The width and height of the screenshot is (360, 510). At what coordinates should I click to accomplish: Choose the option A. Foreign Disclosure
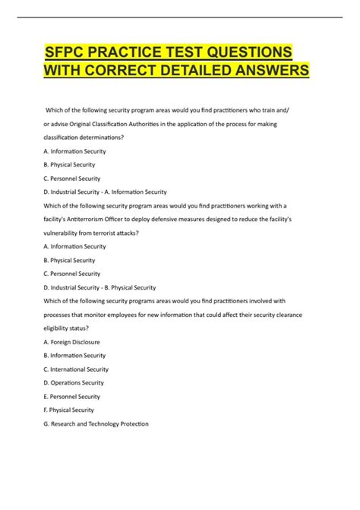72,342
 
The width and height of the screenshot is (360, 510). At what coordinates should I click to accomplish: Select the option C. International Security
77,369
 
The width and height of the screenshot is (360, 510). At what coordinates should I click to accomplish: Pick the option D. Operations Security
74,382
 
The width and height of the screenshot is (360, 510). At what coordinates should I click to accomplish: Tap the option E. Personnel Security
73,396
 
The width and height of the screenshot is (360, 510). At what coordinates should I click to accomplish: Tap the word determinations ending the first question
109,138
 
